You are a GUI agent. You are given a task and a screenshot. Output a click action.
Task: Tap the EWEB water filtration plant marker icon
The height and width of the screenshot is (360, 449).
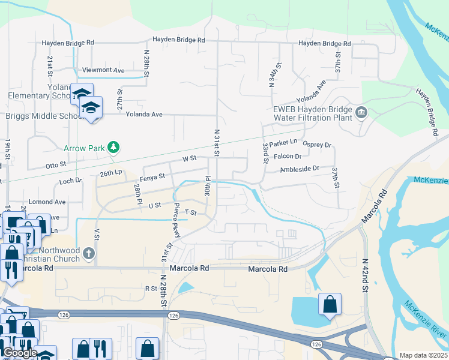(361, 112)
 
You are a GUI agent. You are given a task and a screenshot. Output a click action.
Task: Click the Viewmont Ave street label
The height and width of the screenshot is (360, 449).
(103, 70)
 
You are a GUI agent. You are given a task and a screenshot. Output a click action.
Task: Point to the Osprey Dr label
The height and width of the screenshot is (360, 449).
(318, 145)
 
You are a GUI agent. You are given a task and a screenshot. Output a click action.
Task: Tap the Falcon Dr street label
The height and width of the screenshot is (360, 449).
(287, 156)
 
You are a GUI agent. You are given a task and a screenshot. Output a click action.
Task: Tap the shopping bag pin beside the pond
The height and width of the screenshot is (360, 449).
(330, 304)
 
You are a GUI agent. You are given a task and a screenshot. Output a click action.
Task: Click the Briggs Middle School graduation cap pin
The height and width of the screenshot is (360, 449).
(92, 108)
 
